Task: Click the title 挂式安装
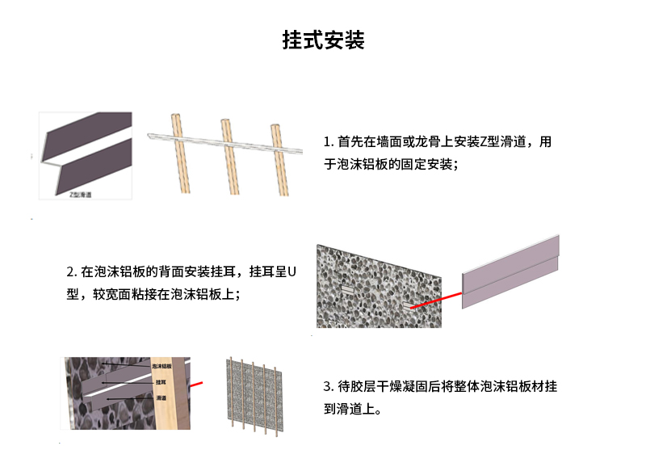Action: pos(323,40)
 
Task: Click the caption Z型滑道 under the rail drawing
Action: pos(80,195)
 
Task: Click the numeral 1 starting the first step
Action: pos(327,142)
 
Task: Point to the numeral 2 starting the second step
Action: pos(70,271)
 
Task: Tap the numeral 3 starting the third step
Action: pos(327,386)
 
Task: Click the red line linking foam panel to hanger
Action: pos(436,300)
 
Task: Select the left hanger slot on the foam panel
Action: pos(345,288)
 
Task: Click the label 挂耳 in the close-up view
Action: pos(161,381)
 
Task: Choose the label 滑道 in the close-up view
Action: pos(161,397)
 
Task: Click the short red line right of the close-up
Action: pos(196,387)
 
